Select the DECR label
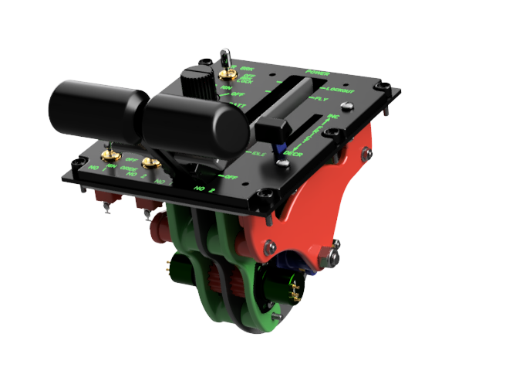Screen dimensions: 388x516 pos(292,152)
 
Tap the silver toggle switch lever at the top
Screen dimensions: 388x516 pos(227,57)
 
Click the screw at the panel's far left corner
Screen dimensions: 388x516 pos(75,164)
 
